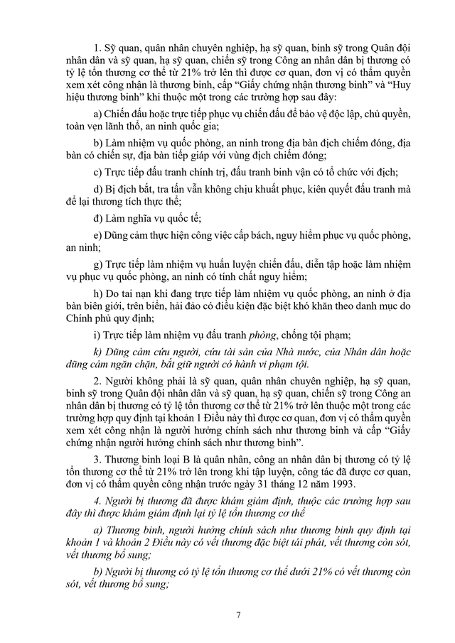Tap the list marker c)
point(97,172)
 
